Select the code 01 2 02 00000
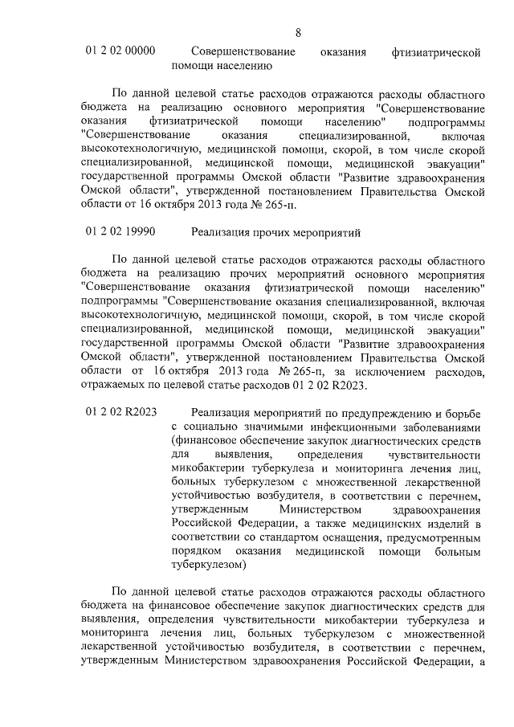click(120, 51)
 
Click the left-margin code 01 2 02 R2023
click(121, 412)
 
